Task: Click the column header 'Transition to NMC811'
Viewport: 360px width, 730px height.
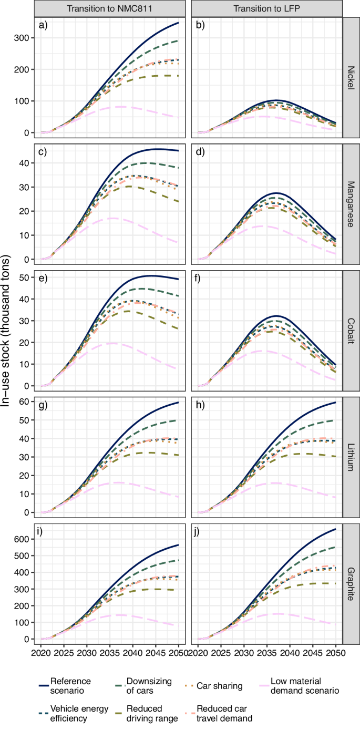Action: point(109,9)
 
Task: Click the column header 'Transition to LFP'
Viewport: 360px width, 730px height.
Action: point(266,9)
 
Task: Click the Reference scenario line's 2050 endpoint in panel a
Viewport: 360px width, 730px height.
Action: point(179,23)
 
